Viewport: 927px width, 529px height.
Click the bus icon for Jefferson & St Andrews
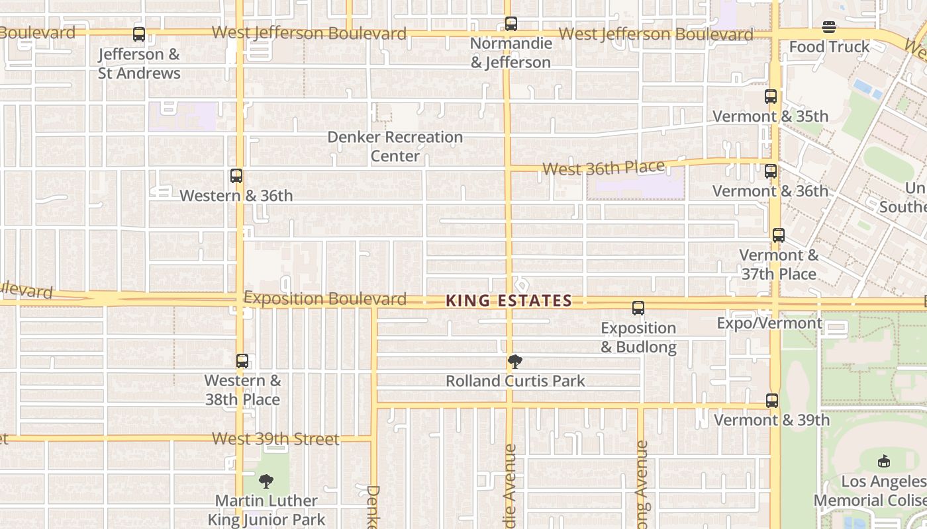click(x=139, y=34)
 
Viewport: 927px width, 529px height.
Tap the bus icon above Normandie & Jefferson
click(x=511, y=24)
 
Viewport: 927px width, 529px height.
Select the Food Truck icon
click(x=829, y=27)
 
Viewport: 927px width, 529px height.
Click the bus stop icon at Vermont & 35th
click(x=771, y=97)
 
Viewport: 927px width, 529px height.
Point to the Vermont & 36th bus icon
click(x=771, y=171)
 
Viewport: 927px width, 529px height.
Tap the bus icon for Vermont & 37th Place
click(x=779, y=235)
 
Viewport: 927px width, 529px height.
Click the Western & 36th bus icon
click(x=236, y=176)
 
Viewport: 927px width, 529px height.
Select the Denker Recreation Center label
click(x=395, y=146)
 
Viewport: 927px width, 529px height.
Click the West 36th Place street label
click(x=603, y=168)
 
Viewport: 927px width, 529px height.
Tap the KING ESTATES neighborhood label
click(x=509, y=301)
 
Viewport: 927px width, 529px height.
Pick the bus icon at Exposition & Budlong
click(x=638, y=308)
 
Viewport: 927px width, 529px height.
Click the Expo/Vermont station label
click(x=769, y=323)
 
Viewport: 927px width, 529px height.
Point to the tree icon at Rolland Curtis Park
click(x=514, y=361)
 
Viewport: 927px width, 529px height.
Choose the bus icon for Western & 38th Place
click(x=242, y=361)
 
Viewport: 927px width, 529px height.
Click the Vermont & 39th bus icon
click(x=772, y=401)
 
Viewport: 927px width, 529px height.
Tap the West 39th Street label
click(x=275, y=438)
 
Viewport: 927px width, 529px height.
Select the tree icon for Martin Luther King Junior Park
click(x=266, y=481)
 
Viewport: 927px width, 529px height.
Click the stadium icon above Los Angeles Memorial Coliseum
click(x=883, y=462)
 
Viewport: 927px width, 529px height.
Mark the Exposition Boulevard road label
click(x=325, y=298)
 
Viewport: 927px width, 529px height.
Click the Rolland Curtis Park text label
click(x=515, y=381)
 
